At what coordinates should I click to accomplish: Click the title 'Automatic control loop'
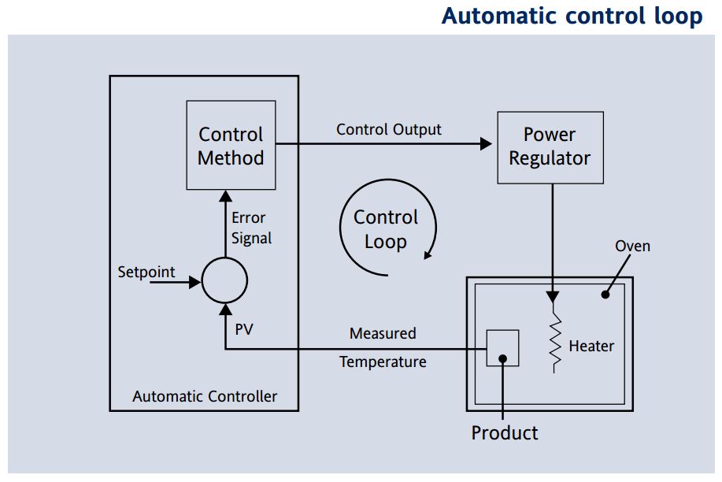[572, 16]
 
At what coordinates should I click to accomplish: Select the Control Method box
[231, 145]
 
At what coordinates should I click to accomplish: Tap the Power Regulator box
[550, 147]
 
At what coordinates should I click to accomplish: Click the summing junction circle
[224, 280]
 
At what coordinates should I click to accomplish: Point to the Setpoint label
[146, 273]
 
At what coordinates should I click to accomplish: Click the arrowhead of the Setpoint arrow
[195, 281]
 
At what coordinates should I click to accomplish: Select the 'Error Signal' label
[251, 228]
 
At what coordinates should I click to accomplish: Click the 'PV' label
[244, 329]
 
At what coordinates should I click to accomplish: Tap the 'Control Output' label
[389, 129]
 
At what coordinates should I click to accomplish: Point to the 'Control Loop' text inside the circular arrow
[385, 229]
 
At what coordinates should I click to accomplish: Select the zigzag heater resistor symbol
[557, 341]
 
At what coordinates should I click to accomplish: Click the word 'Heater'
[591, 346]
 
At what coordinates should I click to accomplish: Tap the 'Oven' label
[632, 246]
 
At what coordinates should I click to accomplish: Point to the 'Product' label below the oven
[505, 432]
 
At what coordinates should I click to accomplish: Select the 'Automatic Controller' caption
[205, 396]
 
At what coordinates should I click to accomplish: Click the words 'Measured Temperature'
[383, 347]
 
